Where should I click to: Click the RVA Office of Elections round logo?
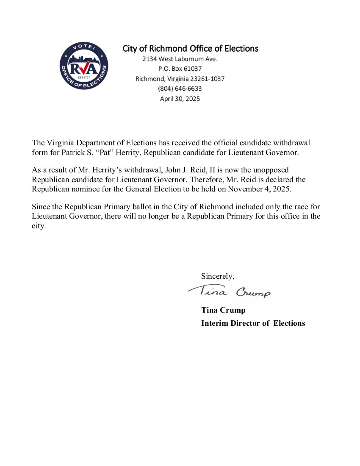pyautogui.click(x=83, y=66)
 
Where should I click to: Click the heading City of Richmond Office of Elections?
pyautogui.click(x=190, y=49)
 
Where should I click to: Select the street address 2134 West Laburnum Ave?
pyautogui.click(x=180, y=59)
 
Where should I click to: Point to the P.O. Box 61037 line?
pyautogui.click(x=180, y=69)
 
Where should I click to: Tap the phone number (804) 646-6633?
pyautogui.click(x=180, y=89)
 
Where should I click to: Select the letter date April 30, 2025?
pyautogui.click(x=180, y=99)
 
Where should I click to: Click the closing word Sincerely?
pyautogui.click(x=217, y=276)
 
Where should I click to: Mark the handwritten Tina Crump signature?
pyautogui.click(x=229, y=291)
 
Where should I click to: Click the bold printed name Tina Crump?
pyautogui.click(x=223, y=310)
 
